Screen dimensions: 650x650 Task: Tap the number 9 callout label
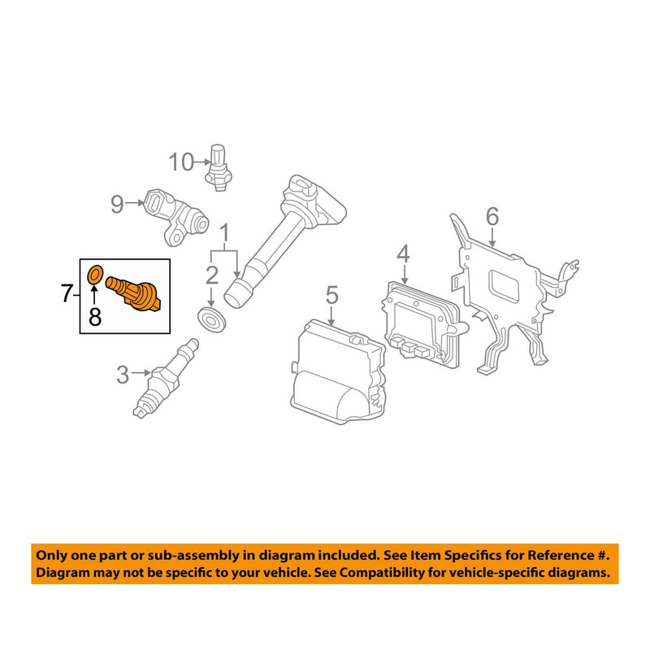coord(117,203)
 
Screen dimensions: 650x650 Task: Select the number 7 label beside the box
coord(68,293)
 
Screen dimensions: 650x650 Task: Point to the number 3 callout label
coord(122,375)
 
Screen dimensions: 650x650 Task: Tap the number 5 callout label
coord(331,293)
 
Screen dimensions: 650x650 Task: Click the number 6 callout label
coord(492,216)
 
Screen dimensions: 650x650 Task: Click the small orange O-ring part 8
coord(94,275)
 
